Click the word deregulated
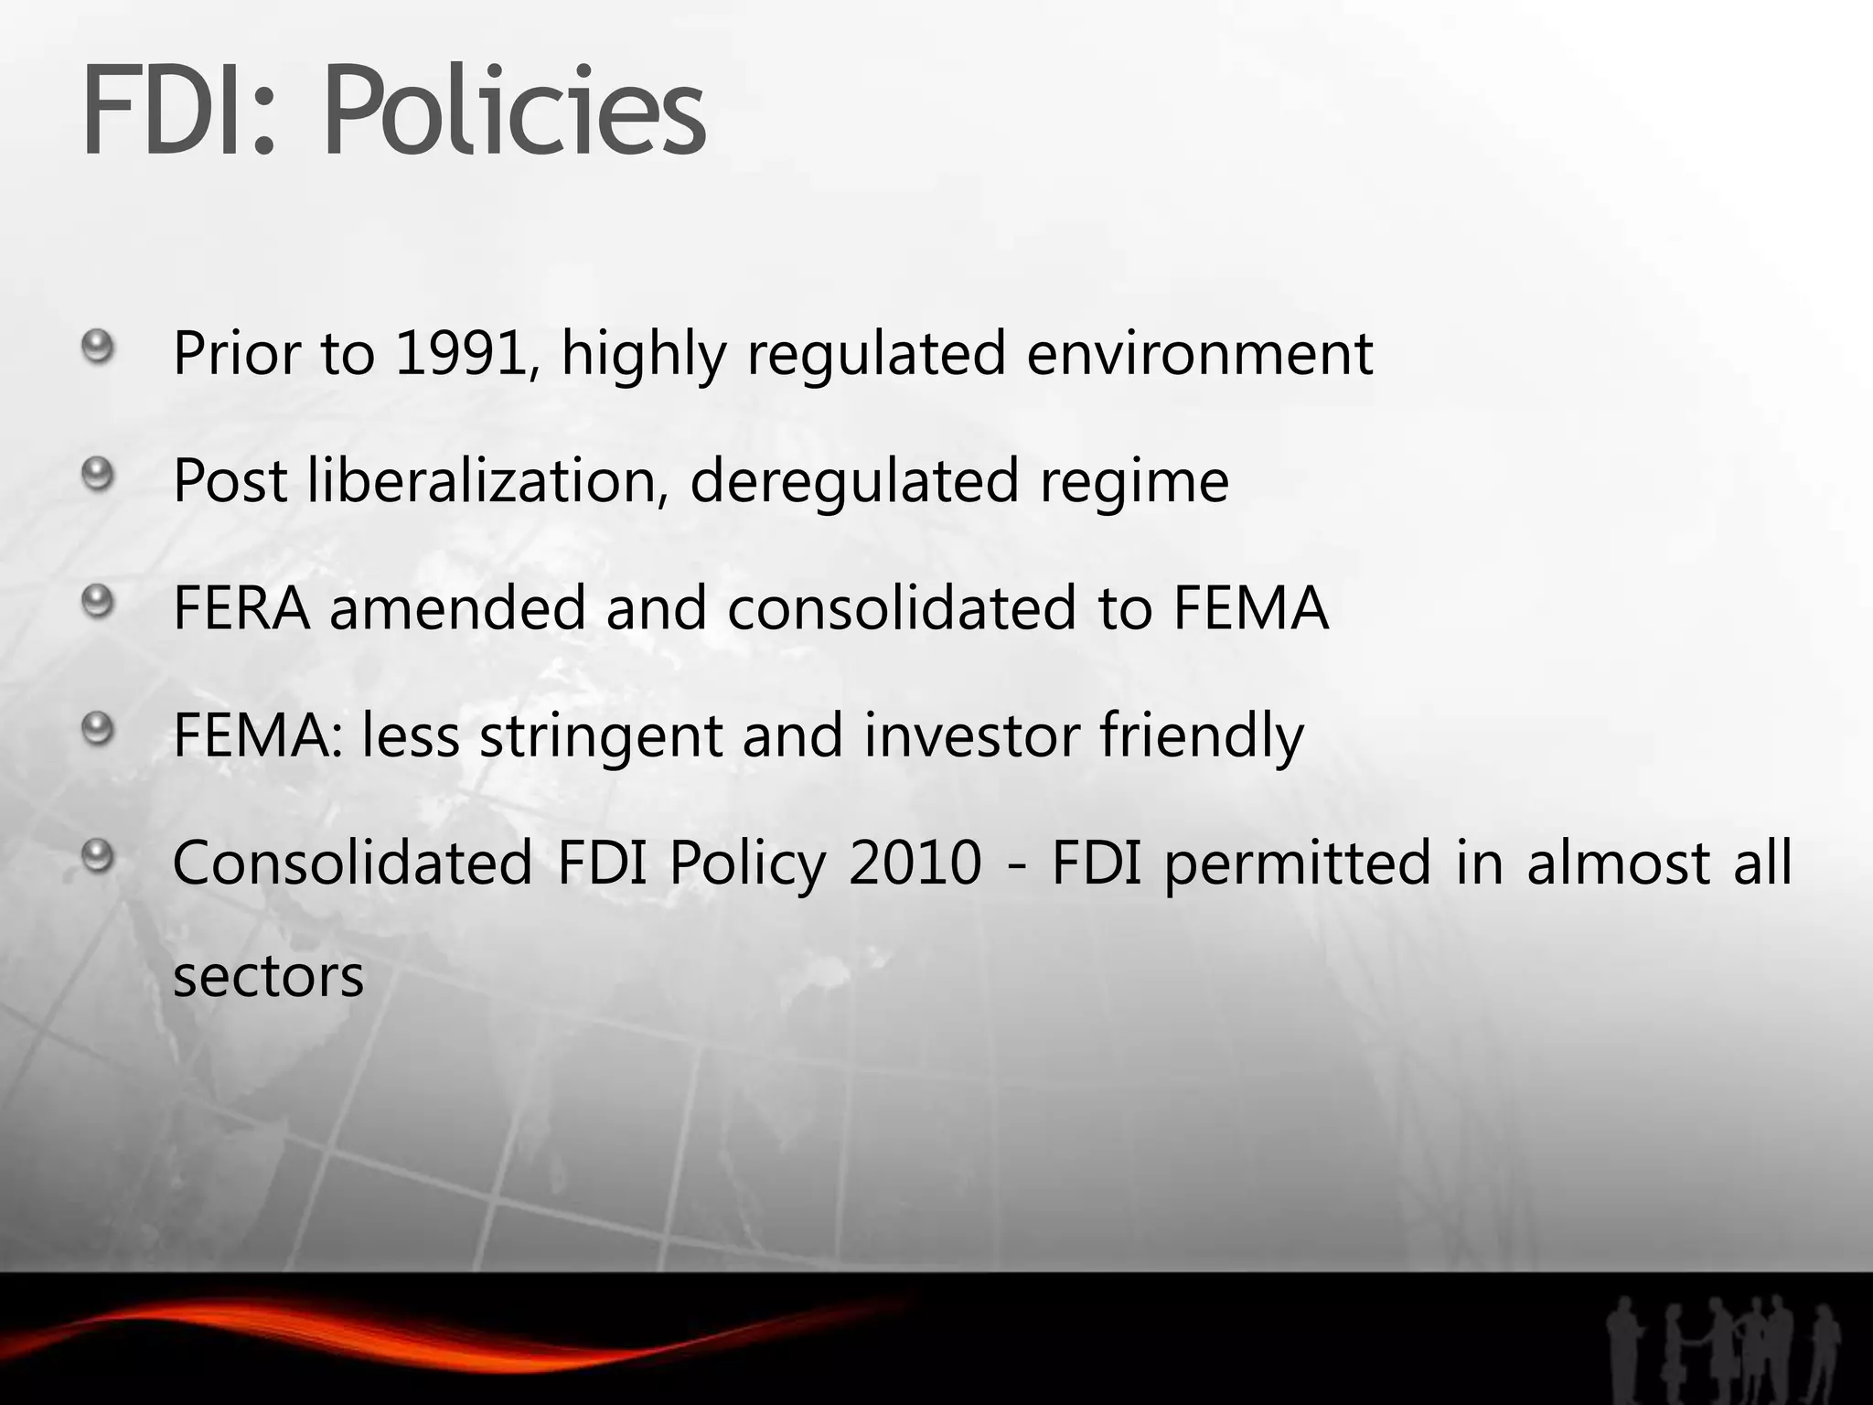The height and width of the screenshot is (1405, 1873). coord(853,481)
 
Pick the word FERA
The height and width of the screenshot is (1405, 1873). coord(241,608)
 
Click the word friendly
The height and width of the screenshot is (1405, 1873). coord(1201,735)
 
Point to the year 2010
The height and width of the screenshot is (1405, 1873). coord(915,863)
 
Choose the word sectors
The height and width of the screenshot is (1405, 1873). coord(268,976)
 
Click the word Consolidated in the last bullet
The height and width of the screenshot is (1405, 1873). coord(352,863)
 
